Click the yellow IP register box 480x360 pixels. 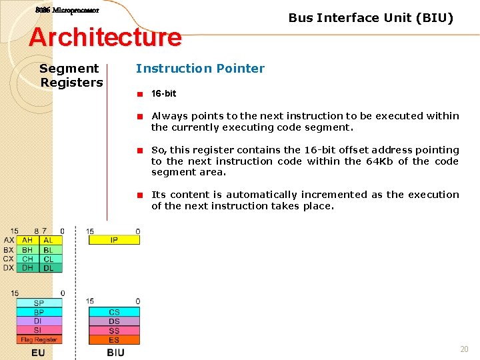(114, 240)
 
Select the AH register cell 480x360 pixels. (27, 240)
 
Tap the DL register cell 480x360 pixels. (49, 268)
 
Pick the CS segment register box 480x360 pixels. (114, 312)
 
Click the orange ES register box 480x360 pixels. (114, 340)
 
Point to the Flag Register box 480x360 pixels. (39, 339)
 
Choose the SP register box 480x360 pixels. (39, 303)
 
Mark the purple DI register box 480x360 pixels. (39, 321)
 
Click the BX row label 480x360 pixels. (8, 249)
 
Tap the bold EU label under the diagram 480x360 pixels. (39, 352)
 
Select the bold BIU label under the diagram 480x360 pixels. (115, 352)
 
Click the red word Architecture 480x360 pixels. (105, 37)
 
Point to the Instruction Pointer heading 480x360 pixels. (200, 68)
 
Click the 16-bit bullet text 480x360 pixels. (163, 93)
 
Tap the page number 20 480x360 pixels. (464, 349)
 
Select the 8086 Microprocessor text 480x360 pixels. (67, 11)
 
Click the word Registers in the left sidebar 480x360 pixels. (71, 83)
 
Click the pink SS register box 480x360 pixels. (114, 331)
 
